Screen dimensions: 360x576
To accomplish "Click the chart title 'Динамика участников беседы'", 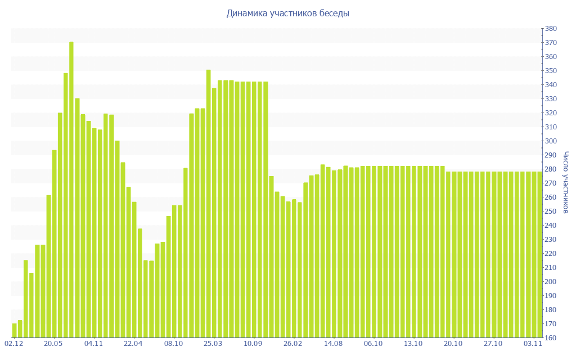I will pos(287,13).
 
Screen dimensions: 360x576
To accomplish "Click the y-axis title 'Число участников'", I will pos(565,183).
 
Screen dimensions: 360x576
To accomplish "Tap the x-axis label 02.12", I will pos(13,343).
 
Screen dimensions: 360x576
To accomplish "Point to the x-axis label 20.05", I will pos(53,343).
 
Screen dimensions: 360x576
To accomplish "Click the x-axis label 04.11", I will pos(93,343).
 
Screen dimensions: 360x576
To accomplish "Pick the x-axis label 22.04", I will pos(133,343).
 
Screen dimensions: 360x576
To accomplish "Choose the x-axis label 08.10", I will pos(173,343).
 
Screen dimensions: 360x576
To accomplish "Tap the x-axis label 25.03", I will pos(213,343).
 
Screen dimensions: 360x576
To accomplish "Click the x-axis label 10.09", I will pos(253,343).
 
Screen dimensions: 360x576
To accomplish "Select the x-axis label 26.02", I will pos(293,343).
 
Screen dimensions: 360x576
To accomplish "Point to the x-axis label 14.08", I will pos(333,343).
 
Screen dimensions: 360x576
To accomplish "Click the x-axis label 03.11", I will pos(533,343).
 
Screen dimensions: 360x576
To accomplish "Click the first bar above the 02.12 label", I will pos(15,331).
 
